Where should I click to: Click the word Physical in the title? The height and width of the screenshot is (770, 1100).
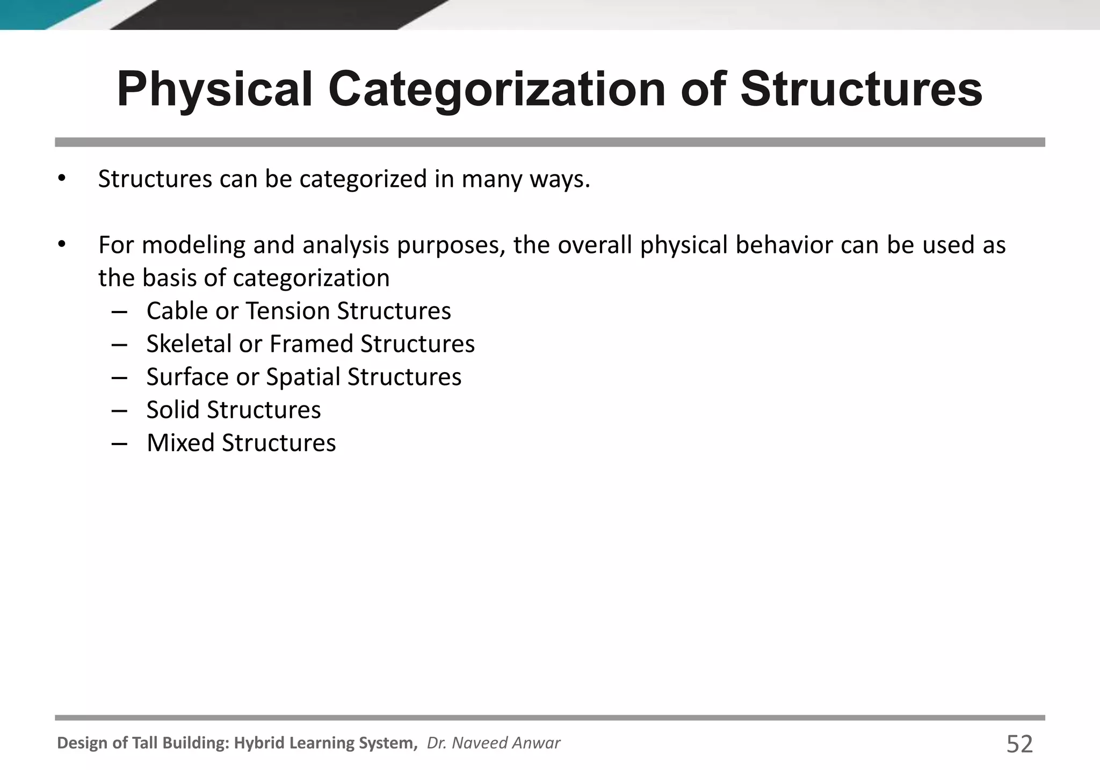pyautogui.click(x=214, y=90)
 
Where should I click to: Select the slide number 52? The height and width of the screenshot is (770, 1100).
pyautogui.click(x=1019, y=745)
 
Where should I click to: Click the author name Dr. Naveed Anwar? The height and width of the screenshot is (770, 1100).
pyautogui.click(x=493, y=743)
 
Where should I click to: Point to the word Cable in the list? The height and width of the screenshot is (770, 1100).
pyautogui.click(x=177, y=311)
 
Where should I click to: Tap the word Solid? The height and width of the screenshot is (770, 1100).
pyautogui.click(x=173, y=410)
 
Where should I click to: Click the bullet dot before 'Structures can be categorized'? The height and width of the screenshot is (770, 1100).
pyautogui.click(x=62, y=179)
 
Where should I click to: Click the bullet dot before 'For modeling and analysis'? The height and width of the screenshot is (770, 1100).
pyautogui.click(x=62, y=245)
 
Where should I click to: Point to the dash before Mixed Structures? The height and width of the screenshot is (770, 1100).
pyautogui.click(x=119, y=444)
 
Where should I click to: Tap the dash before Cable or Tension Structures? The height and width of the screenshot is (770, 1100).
pyautogui.click(x=119, y=311)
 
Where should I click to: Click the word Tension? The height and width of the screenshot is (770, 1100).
pyautogui.click(x=287, y=311)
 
